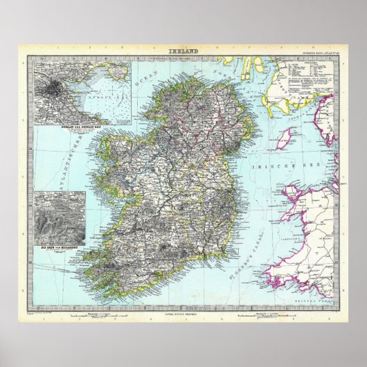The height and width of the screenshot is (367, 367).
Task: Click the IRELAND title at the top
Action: (x=183, y=52)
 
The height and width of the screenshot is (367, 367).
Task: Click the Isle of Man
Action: (x=283, y=138)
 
